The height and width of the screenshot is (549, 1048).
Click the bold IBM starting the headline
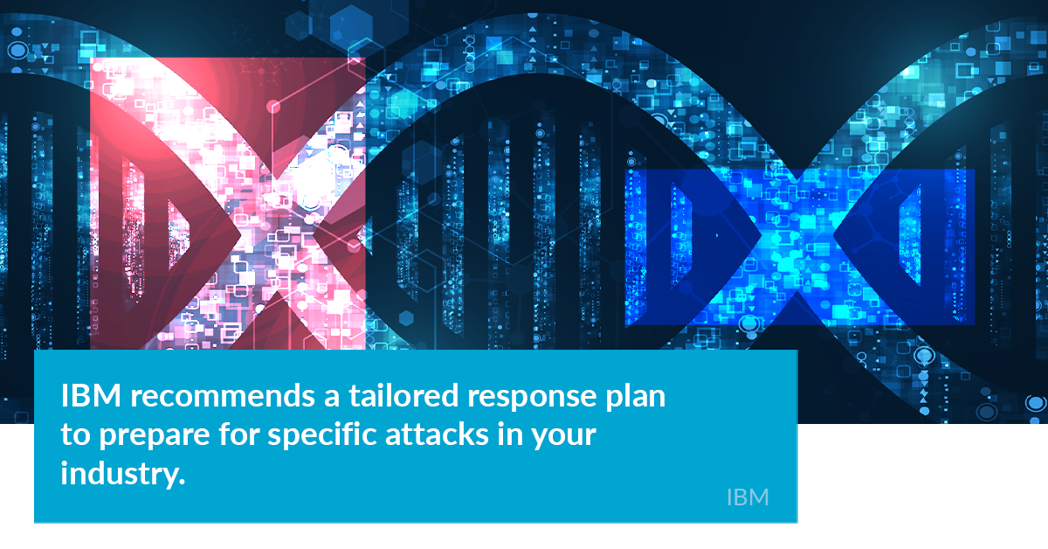pos(91,396)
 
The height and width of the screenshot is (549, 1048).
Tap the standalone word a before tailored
pos(332,399)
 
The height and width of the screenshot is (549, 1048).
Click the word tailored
pos(403,396)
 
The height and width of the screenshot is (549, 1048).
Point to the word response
pos(532,400)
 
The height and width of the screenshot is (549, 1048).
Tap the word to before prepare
pos(76,435)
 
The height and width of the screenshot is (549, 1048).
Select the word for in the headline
pos(238,434)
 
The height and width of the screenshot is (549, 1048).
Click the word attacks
pos(437,434)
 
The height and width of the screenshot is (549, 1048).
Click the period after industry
pos(182,482)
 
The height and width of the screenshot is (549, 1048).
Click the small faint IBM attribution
pos(748,497)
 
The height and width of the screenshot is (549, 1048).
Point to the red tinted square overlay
pos(227,204)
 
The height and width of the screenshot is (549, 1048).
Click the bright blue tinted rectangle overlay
pos(800,247)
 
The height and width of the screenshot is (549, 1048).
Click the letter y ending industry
pos(169,480)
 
